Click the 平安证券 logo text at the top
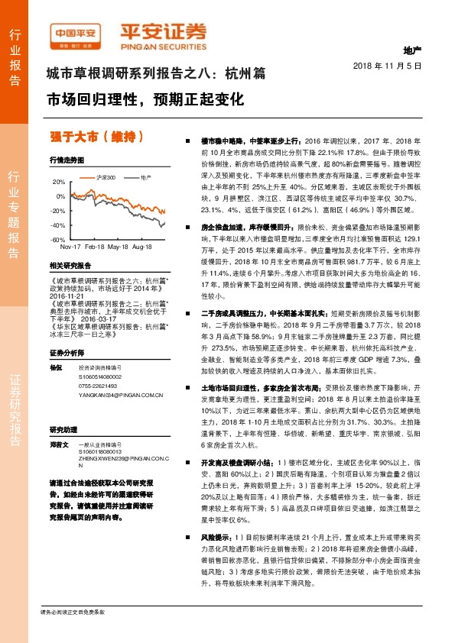tap(163, 31)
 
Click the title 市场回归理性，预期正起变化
tap(145, 100)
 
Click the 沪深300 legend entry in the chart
tap(106, 177)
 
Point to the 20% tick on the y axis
tap(59, 183)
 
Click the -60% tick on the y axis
tap(58, 240)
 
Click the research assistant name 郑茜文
tap(59, 444)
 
